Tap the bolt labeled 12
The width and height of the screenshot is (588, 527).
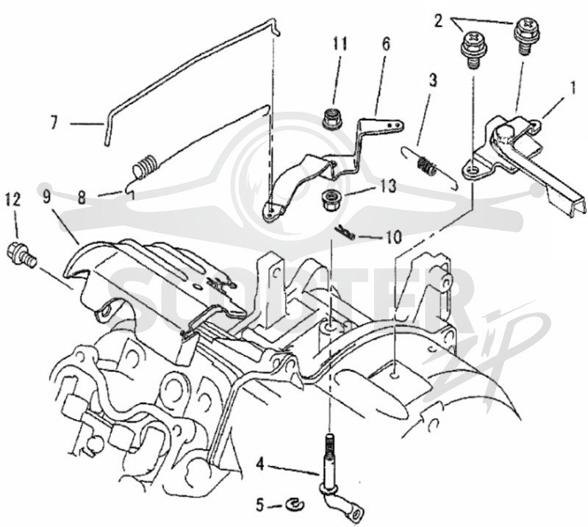[x=22, y=254]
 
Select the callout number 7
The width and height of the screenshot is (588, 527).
[x=54, y=123]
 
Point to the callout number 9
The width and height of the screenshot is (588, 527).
[x=47, y=196]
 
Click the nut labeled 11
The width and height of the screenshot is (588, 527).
[x=331, y=119]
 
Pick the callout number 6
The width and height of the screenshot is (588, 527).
[x=386, y=44]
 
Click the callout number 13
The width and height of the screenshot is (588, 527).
[x=387, y=185]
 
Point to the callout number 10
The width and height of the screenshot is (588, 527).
[x=393, y=237]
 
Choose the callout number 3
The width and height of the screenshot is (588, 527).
[x=433, y=80]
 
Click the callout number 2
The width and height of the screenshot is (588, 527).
[x=439, y=21]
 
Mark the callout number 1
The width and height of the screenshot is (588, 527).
[x=573, y=88]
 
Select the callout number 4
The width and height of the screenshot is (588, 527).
[x=261, y=465]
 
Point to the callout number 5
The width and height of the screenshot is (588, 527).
[x=261, y=505]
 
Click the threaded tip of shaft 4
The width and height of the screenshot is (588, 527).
[x=329, y=440]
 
